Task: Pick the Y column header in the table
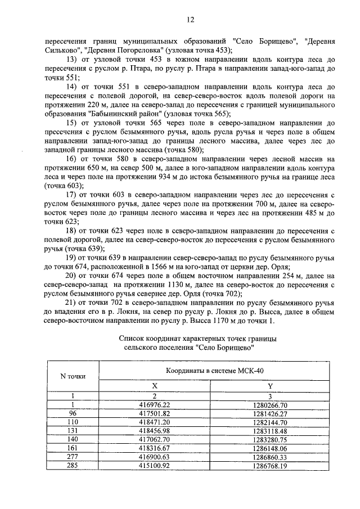click(270, 386)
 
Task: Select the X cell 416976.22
click(154, 404)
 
